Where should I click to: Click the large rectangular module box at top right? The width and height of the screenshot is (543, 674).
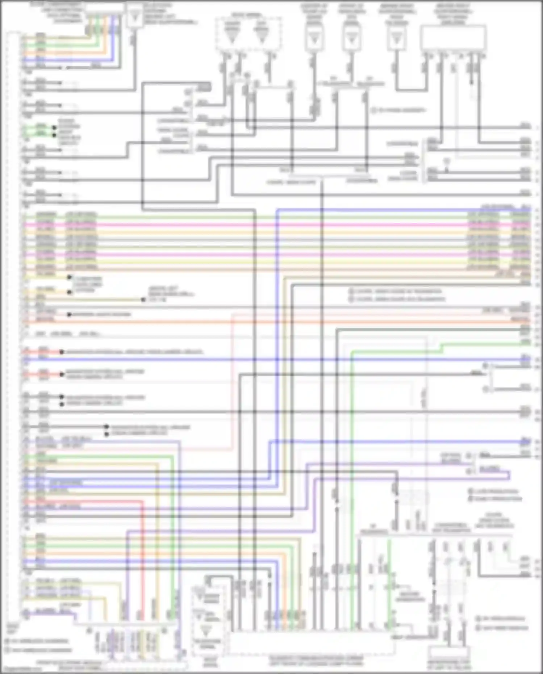click(x=453, y=38)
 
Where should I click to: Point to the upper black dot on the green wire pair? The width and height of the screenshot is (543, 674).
click(x=54, y=128)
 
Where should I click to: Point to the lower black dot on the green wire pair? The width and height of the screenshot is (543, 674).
click(x=54, y=135)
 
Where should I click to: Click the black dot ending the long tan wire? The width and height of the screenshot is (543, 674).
click(x=143, y=300)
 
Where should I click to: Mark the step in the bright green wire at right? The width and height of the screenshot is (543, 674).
click(x=442, y=348)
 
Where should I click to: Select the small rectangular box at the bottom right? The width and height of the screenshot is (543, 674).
click(x=449, y=652)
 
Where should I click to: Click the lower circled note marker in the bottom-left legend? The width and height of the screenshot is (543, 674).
click(x=7, y=650)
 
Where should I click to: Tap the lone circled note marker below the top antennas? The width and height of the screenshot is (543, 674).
click(x=374, y=110)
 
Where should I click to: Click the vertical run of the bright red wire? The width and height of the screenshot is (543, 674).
click(x=142, y=558)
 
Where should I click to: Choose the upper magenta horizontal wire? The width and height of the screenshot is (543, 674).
click(x=254, y=225)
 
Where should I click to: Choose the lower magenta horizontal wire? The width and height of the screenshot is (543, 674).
click(x=254, y=255)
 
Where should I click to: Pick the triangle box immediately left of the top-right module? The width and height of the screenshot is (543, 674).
click(x=397, y=38)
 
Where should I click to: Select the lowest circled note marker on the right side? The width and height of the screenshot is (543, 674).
click(x=478, y=628)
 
